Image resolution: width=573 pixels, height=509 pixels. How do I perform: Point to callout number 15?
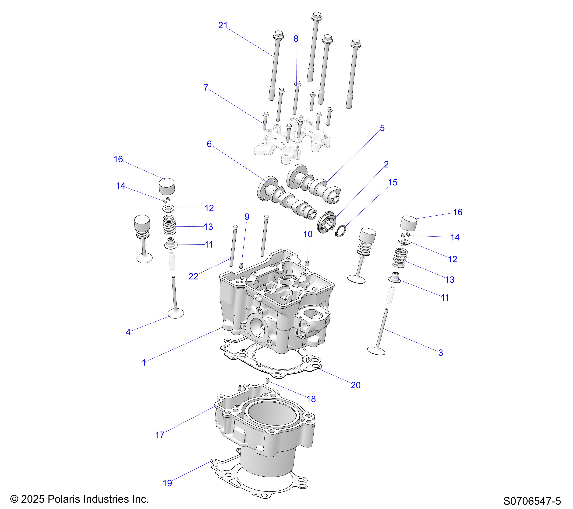(393, 182)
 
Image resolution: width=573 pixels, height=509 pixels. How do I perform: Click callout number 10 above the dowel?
(308, 234)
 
